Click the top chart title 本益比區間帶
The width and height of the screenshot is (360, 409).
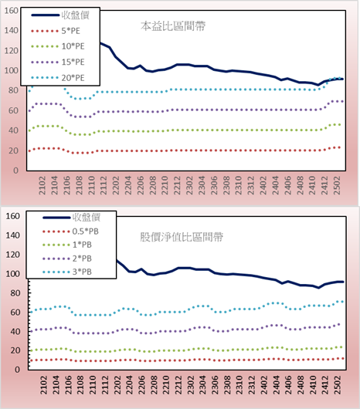click(173, 26)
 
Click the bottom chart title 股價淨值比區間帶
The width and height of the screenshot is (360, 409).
click(182, 237)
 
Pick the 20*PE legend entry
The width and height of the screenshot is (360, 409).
click(58, 78)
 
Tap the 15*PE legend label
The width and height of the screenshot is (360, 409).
click(73, 62)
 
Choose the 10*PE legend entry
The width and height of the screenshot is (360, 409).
click(58, 46)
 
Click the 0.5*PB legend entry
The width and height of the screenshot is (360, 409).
click(70, 232)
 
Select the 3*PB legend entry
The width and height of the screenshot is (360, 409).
click(67, 272)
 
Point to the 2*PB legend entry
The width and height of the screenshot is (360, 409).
click(67, 259)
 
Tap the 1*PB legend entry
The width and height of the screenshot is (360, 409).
click(67, 245)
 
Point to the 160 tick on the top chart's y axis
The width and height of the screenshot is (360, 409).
click(12, 11)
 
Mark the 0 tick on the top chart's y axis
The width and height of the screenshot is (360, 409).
click(16, 171)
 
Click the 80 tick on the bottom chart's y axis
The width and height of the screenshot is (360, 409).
click(15, 293)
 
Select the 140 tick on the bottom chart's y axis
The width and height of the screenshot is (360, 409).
click(13, 235)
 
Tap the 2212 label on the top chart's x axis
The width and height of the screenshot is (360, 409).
click(177, 185)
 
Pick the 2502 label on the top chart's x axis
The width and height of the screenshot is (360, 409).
click(337, 185)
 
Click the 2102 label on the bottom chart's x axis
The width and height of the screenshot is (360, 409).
click(43, 385)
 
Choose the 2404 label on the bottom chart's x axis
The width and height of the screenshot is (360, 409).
click(276, 385)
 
